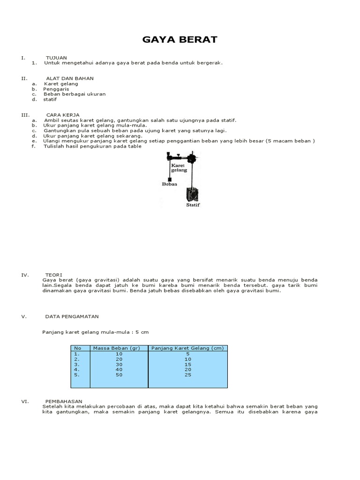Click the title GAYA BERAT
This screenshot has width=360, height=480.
180,39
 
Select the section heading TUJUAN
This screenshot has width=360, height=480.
56,58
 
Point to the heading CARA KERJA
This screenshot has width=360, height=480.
63,114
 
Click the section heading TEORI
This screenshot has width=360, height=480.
54,275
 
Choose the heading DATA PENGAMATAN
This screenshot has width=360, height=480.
72,316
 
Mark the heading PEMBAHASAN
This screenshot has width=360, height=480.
62,401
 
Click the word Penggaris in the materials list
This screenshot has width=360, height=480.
56,89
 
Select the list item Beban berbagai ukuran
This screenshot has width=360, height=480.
74,94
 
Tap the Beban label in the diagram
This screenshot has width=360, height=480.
169,185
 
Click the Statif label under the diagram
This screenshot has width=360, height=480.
193,205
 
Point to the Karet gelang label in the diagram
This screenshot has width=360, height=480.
179,168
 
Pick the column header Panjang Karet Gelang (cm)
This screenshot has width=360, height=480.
187,348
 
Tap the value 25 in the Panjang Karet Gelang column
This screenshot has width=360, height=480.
187,375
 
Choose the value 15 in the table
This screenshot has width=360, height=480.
187,364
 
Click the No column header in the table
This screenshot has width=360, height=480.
78,348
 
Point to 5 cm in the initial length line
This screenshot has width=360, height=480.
141,332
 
